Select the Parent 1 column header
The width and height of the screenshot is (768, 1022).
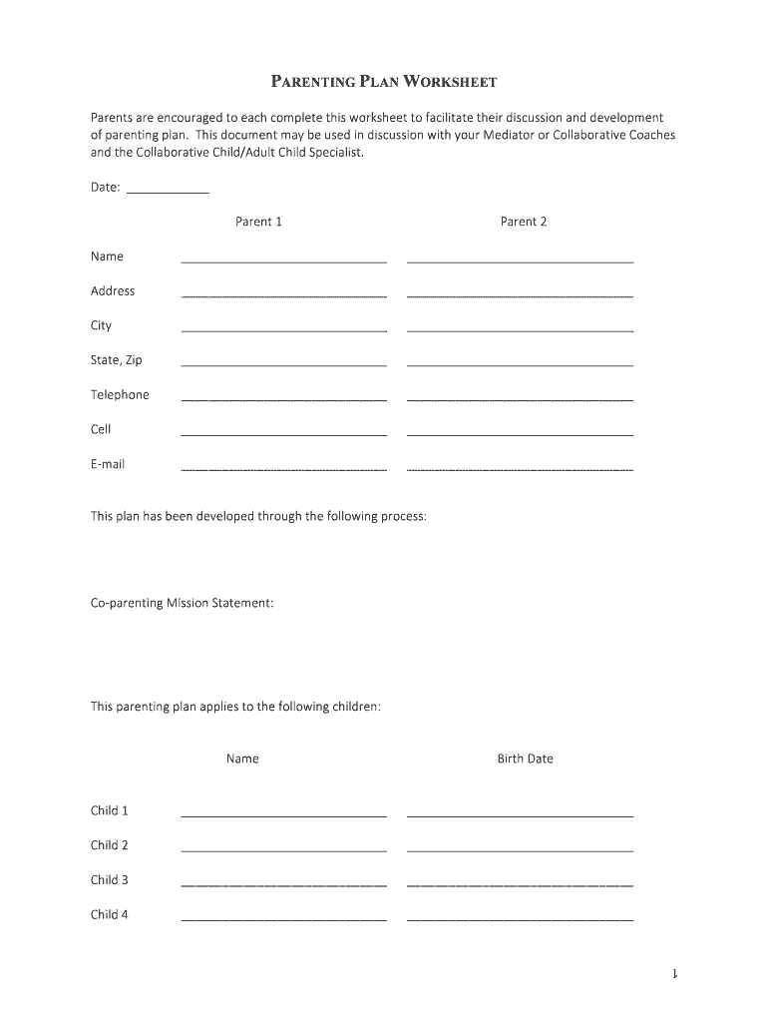coord(258,222)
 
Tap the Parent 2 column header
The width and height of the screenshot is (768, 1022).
coord(524,222)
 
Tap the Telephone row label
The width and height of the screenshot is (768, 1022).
coord(120,395)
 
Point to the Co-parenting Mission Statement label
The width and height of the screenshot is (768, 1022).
coord(182,604)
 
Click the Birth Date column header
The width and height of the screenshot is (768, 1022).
coord(525,759)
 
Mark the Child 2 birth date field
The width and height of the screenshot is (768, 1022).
coord(520,846)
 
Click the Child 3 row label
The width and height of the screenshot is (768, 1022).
coord(110,880)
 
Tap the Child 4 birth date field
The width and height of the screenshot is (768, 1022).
coord(520,915)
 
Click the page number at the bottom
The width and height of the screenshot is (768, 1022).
coord(675,974)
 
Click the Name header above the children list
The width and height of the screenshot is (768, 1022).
coord(242,759)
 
